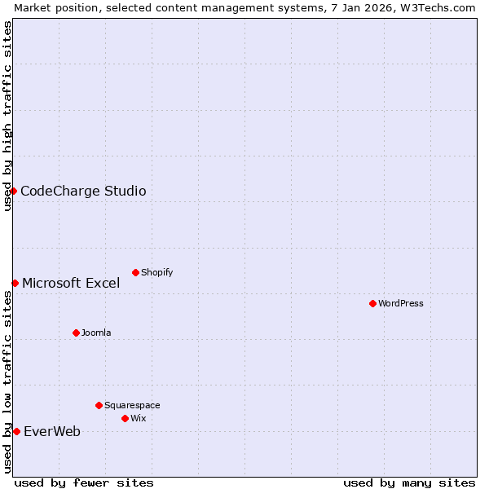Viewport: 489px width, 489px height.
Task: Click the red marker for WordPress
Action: coord(372,303)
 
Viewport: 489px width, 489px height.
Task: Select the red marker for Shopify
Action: coord(135,272)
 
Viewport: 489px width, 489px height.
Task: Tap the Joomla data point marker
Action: coord(76,333)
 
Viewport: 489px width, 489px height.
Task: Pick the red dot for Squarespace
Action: coord(99,405)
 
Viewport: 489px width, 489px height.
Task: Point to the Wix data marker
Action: coord(125,418)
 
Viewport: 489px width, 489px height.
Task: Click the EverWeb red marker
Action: coord(16,431)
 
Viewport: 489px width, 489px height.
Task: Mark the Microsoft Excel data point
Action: coord(15,283)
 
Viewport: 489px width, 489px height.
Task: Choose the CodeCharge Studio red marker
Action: coord(13,191)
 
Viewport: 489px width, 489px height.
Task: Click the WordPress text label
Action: coord(401,303)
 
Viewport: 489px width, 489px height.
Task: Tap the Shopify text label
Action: coord(157,272)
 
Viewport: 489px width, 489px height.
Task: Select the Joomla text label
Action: coord(96,333)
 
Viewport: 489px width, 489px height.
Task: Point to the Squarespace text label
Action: coord(132,405)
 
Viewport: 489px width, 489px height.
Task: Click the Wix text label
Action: coord(139,418)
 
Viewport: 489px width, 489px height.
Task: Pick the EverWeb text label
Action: coord(52,431)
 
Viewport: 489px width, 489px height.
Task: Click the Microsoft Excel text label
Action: coord(71,283)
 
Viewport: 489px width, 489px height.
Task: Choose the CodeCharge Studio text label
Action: coord(83,191)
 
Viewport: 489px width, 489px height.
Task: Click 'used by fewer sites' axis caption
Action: coord(84,482)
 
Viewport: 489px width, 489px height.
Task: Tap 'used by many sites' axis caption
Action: coord(409,482)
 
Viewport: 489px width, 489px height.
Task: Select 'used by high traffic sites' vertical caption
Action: coord(7,116)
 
